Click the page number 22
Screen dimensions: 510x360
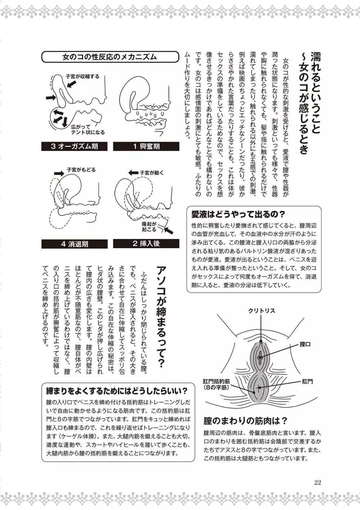click(x=317, y=482)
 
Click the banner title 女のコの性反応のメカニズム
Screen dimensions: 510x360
click(x=109, y=57)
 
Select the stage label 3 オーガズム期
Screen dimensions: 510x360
click(x=74, y=146)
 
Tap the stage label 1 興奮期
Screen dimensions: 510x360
click(x=146, y=146)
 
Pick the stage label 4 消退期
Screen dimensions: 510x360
click(x=74, y=244)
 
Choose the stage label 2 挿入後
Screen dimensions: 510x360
click(x=146, y=243)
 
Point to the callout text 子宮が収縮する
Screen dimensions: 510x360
click(x=82, y=77)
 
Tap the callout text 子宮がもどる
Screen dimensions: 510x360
click(x=81, y=170)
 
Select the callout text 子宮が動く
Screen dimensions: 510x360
click(x=152, y=173)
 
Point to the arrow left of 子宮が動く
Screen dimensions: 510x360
click(x=133, y=173)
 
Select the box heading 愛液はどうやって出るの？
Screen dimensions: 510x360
click(x=238, y=215)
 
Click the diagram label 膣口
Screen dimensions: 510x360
click(x=305, y=344)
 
